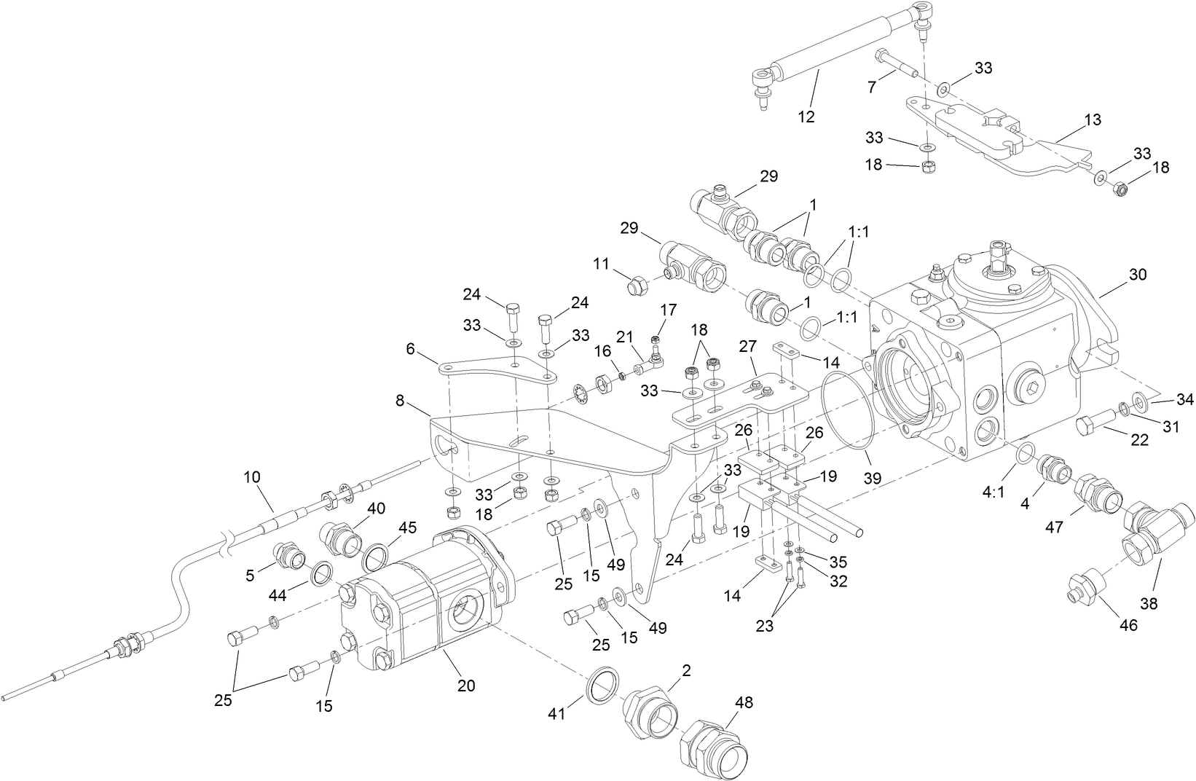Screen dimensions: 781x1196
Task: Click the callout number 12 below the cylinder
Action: click(806, 117)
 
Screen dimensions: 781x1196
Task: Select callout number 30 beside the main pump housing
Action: click(1137, 275)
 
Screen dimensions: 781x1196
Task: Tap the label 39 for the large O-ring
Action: click(872, 479)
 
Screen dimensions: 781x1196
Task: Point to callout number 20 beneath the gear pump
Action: click(465, 686)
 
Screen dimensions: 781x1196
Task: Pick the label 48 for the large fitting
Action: click(744, 702)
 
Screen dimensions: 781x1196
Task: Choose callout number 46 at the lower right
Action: click(1128, 624)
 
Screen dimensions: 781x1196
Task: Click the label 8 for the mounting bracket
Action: click(399, 400)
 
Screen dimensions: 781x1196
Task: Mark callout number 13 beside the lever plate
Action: click(1092, 119)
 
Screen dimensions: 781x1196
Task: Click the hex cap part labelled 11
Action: click(637, 286)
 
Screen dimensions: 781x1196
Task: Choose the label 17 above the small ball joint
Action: click(668, 310)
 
